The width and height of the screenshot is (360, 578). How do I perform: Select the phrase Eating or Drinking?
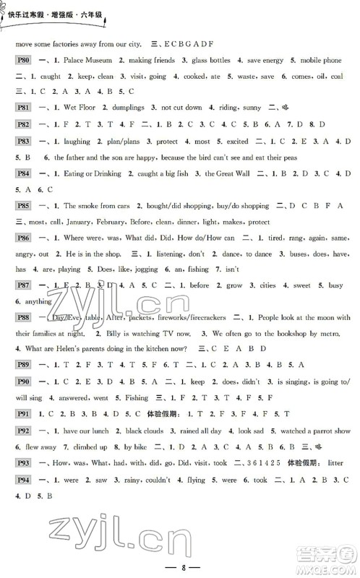pyautogui.click(x=89, y=173)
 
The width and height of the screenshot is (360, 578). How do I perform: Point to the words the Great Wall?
pyautogui.click(x=228, y=173)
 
